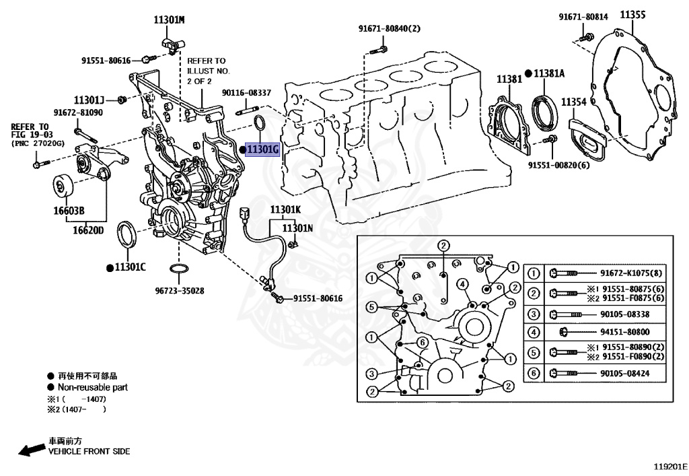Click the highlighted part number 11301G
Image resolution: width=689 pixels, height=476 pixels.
262,149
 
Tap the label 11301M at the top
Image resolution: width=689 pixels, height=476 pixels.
169,20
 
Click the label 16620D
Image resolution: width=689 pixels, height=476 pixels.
88,230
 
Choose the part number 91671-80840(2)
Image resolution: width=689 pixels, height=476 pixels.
389,28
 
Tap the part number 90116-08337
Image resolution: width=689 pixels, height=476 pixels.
246,93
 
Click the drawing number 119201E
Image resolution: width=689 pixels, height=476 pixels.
667,466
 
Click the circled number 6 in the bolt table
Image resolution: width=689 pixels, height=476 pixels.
533,373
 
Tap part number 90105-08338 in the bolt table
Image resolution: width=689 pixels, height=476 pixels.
624,314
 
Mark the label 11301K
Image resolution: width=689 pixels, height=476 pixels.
286,209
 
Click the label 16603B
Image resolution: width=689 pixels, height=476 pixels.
69,211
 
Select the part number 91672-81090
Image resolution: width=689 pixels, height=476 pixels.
78,112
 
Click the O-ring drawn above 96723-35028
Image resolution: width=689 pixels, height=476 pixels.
178,271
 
